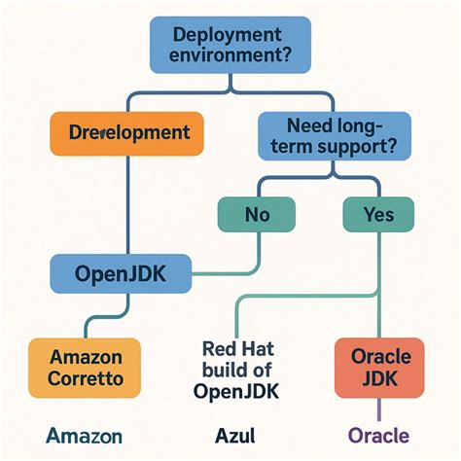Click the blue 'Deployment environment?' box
click(x=230, y=45)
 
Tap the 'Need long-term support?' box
click(x=334, y=135)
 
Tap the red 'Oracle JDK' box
click(x=374, y=367)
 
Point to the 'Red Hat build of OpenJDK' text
click(x=239, y=369)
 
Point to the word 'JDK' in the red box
click(x=374, y=380)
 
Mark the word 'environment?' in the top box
click(x=230, y=56)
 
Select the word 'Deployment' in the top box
click(x=230, y=34)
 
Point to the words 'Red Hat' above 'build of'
click(x=239, y=347)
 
